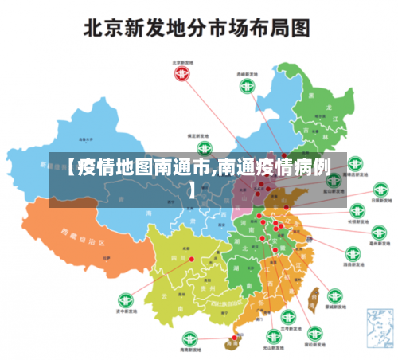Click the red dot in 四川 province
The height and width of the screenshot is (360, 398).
[191, 257]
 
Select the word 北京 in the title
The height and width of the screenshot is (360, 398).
[110, 29]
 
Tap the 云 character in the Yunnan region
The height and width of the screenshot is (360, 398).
[163, 293]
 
